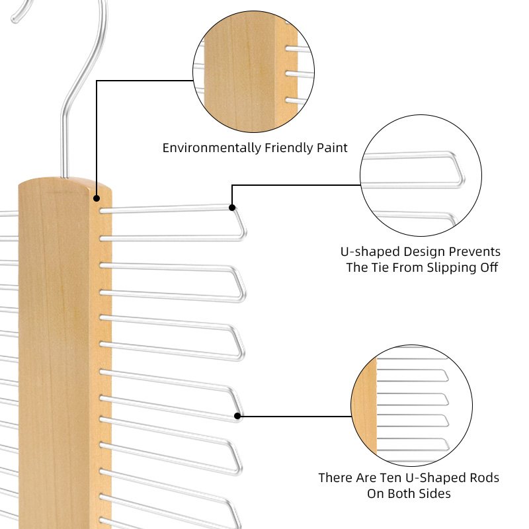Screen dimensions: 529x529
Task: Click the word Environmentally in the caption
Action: click(212, 148)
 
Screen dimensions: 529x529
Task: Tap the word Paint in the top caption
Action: click(332, 147)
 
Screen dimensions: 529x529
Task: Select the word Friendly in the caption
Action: click(288, 148)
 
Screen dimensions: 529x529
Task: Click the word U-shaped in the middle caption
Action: click(370, 252)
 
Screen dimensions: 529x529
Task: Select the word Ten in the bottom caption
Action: click(391, 477)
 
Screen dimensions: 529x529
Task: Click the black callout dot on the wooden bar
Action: click(97, 198)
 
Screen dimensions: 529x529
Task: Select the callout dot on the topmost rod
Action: click(232, 208)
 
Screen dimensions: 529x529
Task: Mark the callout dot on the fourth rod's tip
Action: click(237, 416)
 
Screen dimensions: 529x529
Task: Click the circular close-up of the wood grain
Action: click(254, 71)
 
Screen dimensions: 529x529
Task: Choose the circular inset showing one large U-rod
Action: click(421, 175)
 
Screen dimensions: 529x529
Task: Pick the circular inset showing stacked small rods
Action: click(411, 405)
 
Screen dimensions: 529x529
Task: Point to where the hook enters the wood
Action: click(64, 177)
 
